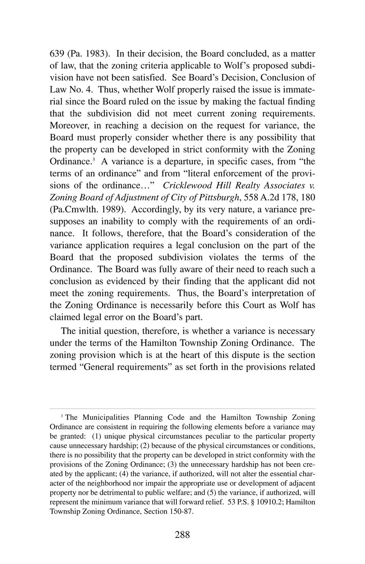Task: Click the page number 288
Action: coord(182,534)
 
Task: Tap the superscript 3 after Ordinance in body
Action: coord(93,159)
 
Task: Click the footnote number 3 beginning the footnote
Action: coord(62,416)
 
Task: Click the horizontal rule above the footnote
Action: coord(182,409)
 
